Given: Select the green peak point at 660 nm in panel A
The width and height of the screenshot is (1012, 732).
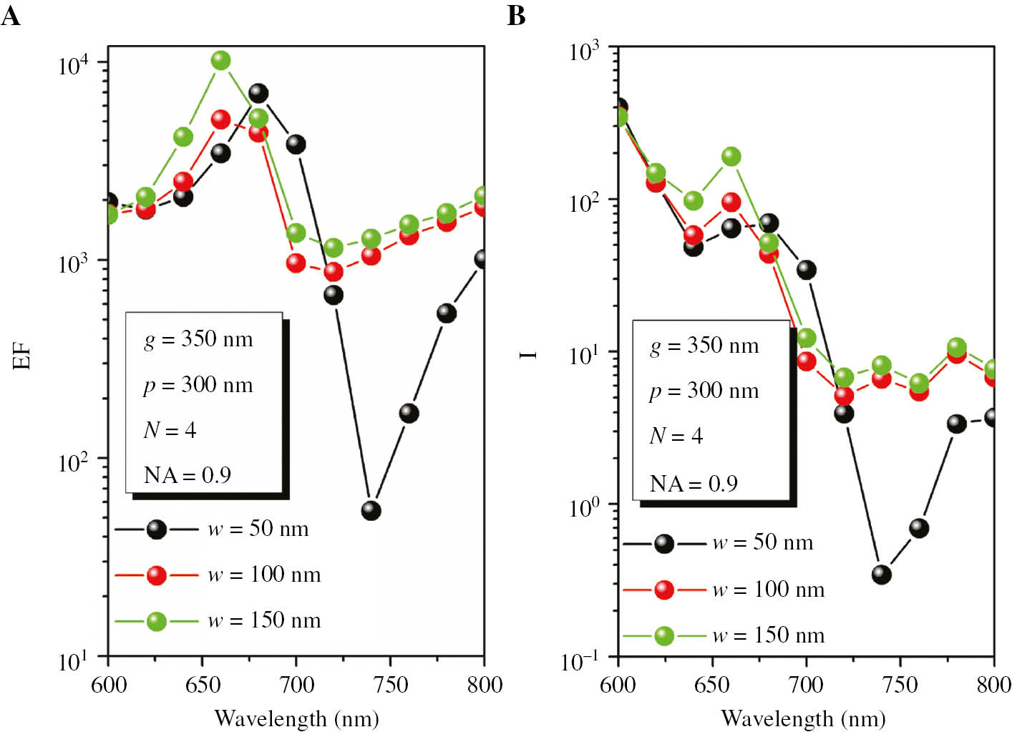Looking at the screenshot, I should [221, 61].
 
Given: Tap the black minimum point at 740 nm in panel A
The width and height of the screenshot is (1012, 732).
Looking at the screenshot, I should [371, 510].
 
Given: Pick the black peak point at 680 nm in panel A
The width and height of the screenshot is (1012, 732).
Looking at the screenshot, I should [258, 93].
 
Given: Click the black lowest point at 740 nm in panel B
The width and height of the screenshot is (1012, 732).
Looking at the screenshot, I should [882, 574].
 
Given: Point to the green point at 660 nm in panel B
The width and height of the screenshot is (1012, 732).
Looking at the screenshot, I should [731, 157].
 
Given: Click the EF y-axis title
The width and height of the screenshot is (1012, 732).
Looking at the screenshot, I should [22, 356].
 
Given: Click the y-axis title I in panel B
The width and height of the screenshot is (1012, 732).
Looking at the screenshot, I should [529, 354].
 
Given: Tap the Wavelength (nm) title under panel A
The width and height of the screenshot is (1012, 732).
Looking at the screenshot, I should [296, 718].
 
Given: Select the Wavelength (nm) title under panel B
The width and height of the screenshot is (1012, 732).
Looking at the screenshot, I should [803, 718].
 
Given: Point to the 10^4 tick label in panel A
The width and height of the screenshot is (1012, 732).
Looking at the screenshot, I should [74, 65].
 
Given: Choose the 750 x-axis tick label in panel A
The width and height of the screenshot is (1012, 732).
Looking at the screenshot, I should [390, 685].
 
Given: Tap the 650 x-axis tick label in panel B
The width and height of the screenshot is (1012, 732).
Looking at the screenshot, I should [712, 685].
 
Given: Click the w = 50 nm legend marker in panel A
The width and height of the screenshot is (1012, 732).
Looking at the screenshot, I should [157, 530].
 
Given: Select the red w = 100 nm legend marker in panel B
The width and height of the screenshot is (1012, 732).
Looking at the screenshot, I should [663, 590].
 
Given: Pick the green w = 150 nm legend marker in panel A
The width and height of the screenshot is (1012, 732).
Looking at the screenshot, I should [157, 621].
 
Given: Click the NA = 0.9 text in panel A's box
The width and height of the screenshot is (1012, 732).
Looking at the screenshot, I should [188, 475].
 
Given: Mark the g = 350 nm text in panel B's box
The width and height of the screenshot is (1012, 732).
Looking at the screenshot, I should [704, 346].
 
